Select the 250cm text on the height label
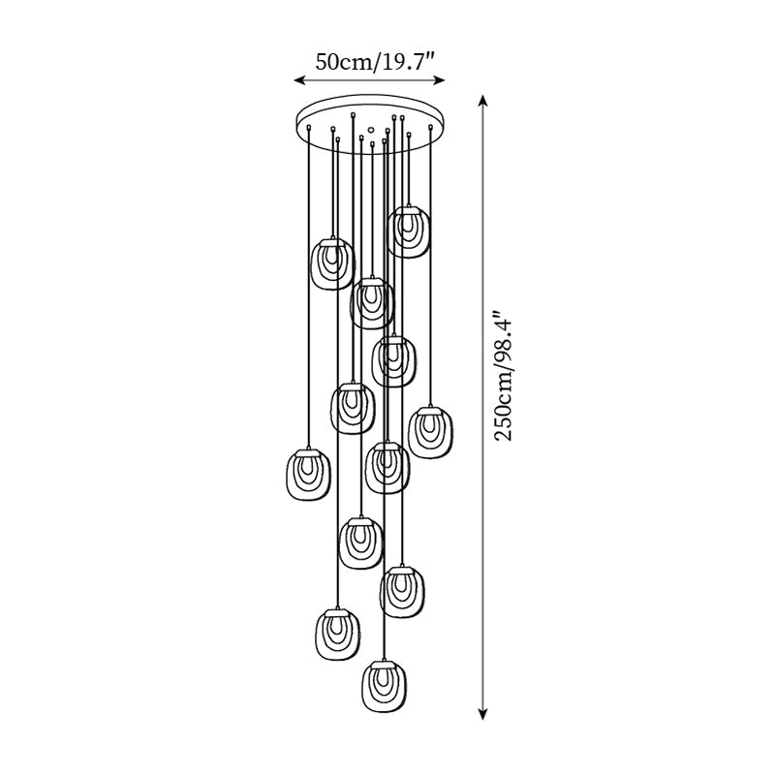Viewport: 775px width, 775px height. (x=504, y=406)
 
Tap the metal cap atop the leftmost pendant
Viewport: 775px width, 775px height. (x=307, y=450)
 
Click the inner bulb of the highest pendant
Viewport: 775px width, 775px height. (x=410, y=226)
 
